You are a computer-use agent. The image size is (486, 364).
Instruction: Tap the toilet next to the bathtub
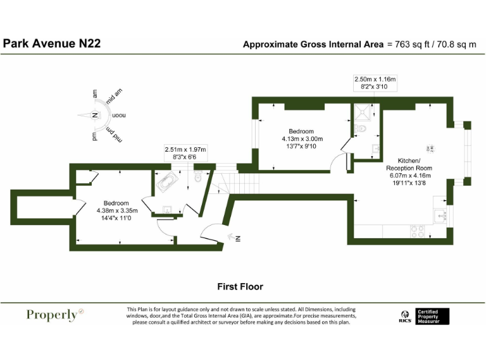[x=199, y=178]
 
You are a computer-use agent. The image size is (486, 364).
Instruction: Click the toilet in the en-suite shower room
[x=360, y=130]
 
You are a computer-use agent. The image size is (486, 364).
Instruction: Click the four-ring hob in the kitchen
[x=418, y=231]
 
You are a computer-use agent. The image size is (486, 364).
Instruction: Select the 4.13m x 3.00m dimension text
[x=302, y=139]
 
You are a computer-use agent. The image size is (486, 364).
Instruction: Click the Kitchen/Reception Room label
[x=409, y=164]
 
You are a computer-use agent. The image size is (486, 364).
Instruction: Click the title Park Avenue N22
[x=52, y=44]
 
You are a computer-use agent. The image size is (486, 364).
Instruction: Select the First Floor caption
[x=240, y=286]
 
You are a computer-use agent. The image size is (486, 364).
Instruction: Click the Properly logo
[x=55, y=315]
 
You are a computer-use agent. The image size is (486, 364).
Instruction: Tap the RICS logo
[x=404, y=316]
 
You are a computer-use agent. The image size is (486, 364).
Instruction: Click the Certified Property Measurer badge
[x=432, y=316]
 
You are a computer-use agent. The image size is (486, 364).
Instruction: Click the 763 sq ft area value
[x=412, y=44]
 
